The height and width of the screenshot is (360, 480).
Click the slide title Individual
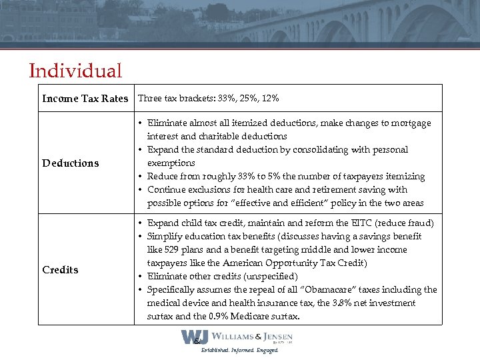pyautogui.click(x=75, y=71)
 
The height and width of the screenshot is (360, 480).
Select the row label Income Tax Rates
pyautogui.click(x=85, y=99)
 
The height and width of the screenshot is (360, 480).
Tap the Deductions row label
pyautogui.click(x=70, y=163)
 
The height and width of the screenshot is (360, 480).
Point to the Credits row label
pyautogui.click(x=60, y=270)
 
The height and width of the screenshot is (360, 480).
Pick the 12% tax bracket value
pyautogui.click(x=271, y=99)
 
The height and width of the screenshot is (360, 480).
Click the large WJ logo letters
pyautogui.click(x=195, y=337)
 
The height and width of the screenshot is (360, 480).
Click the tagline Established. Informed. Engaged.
pyautogui.click(x=241, y=350)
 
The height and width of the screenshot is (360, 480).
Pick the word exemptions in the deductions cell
pyautogui.click(x=171, y=163)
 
